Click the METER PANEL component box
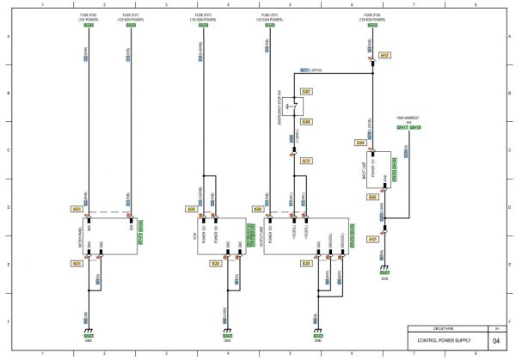[x=108, y=234]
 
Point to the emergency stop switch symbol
[x=297, y=107]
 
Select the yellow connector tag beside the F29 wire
[x=384, y=56]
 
